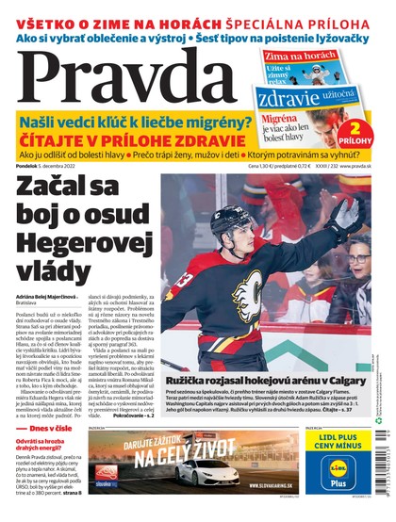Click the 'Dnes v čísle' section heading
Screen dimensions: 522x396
pos(44,429)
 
